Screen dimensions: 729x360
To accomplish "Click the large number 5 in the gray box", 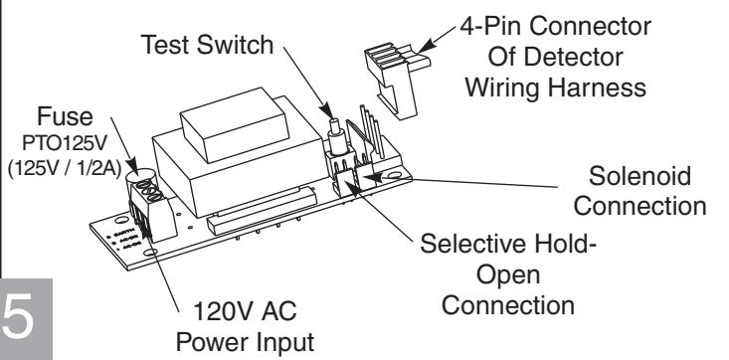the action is [x=19, y=317].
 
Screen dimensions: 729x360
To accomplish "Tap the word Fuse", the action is [x=65, y=116].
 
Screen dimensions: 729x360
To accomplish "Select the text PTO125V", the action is [x=65, y=144].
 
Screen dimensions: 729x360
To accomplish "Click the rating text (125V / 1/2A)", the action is [x=65, y=168].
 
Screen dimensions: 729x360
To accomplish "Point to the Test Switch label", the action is [x=207, y=45].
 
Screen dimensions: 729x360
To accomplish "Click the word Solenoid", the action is [x=639, y=176].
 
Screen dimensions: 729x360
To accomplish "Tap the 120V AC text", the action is [x=245, y=310].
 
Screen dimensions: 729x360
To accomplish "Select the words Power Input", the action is [x=245, y=342].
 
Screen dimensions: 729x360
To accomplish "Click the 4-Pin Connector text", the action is [x=556, y=26].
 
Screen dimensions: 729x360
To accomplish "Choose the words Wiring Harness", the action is [x=556, y=87].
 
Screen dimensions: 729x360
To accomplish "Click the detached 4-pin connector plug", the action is [x=397, y=79].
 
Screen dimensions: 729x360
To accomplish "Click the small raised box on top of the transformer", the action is [x=235, y=124].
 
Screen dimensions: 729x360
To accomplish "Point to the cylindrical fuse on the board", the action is [x=139, y=179].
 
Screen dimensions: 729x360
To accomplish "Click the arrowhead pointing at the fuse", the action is [x=131, y=166].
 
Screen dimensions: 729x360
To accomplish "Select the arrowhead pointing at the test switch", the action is [x=327, y=111].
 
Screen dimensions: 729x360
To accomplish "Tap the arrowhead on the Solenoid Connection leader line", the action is [x=373, y=177].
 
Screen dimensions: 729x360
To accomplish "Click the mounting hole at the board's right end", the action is [x=394, y=175].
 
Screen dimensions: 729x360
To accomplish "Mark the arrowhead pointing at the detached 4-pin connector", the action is [x=427, y=46].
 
